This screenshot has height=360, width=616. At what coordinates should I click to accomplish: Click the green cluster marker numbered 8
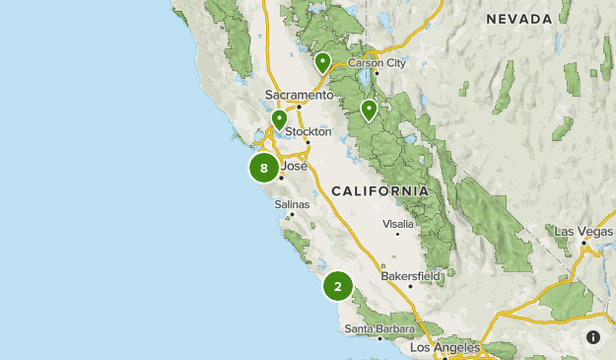pos(264,168)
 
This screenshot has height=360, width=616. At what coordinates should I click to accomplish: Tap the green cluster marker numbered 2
pos(337,287)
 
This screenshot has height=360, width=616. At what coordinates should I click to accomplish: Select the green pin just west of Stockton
pos(279,120)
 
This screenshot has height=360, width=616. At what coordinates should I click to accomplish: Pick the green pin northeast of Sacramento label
pos(322,63)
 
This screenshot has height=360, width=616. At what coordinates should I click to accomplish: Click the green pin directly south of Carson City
pos(369,109)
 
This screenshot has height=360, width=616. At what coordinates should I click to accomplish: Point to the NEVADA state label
pos(518,19)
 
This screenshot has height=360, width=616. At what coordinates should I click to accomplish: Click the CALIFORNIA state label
pos(379,190)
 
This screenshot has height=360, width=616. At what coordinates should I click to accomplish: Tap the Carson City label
pos(376,62)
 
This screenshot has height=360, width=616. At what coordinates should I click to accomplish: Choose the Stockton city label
pos(308,131)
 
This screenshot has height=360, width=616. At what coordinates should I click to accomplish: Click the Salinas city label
pos(292,204)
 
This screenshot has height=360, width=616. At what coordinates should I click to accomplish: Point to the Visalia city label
pos(397,224)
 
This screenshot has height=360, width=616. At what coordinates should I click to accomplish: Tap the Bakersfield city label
pos(410,275)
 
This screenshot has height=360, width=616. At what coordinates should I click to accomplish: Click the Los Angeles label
pos(445,348)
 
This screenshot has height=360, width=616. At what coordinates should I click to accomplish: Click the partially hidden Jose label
pos(295,166)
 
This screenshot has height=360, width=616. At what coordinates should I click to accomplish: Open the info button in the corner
pos(593,337)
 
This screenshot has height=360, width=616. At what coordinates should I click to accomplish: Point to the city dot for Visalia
pos(398,235)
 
